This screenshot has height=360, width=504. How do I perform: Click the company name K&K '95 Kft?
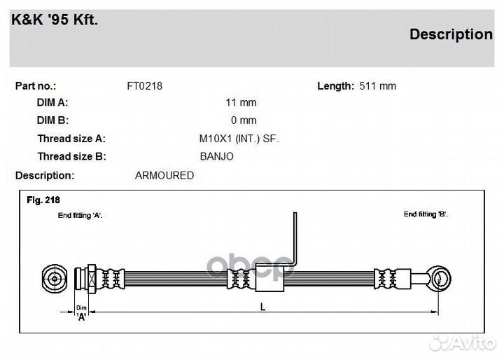pos(55,20)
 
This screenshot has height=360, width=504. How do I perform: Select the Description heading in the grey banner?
pos(451,34)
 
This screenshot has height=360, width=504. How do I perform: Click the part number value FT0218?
pos(145,86)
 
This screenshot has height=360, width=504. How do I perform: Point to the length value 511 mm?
pos(378,86)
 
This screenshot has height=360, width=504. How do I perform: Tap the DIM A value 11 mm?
pos(241,103)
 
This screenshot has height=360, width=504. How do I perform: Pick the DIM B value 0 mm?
pos(244,120)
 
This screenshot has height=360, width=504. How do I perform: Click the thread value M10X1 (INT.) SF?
pos(239,139)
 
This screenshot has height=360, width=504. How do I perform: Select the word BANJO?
pos(216,156)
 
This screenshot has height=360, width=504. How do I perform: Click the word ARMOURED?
pos(164,175)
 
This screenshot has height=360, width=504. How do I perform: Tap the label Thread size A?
pos(71,139)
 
